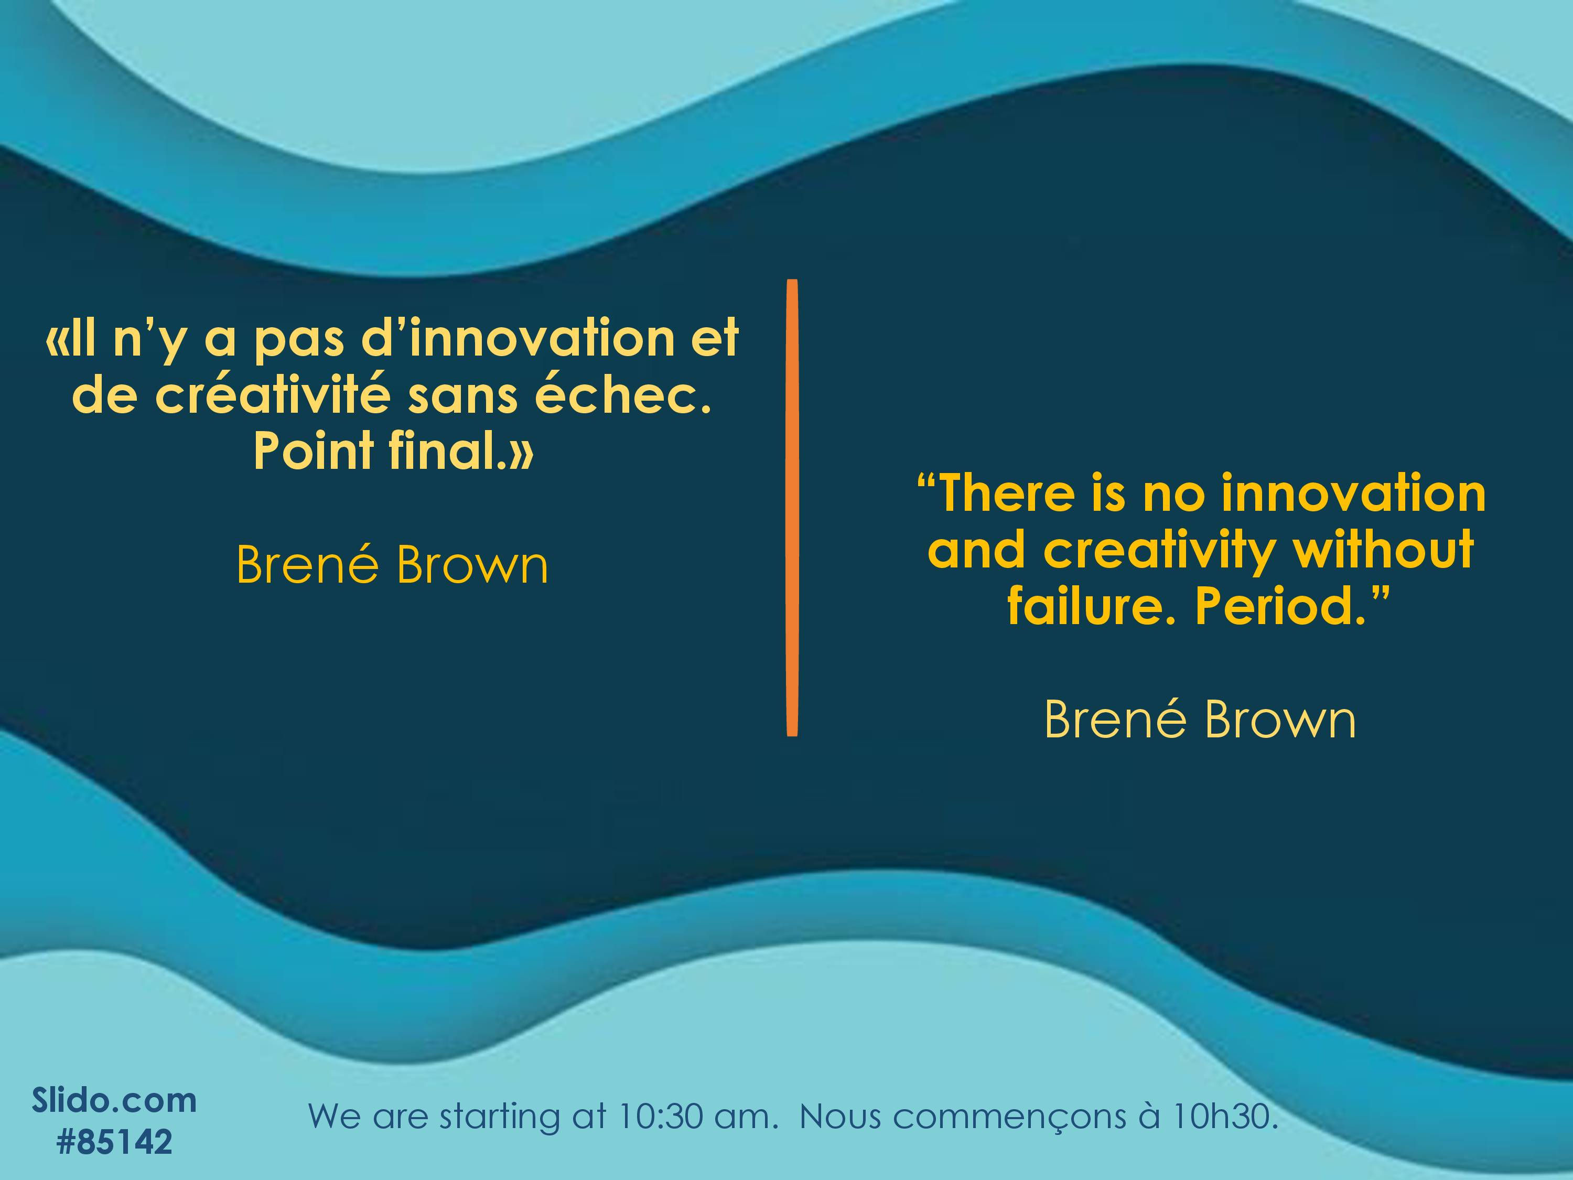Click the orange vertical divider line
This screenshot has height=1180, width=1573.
click(x=792, y=507)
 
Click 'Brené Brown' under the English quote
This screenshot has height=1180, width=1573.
click(x=1200, y=720)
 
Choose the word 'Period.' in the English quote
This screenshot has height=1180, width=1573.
click(x=1291, y=606)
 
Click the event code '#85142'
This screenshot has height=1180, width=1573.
click(x=114, y=1142)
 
